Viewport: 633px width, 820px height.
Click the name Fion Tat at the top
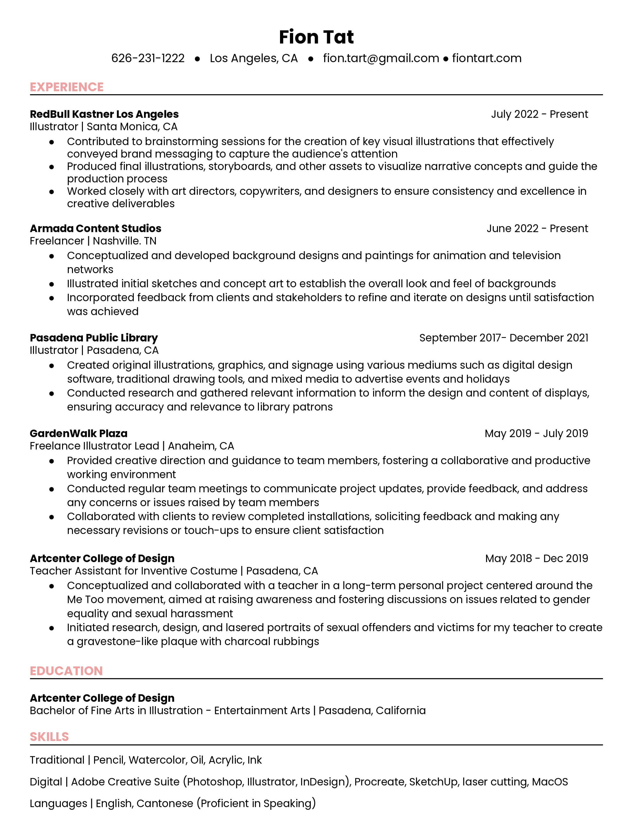tap(316, 37)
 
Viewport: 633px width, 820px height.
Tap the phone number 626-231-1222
tap(148, 58)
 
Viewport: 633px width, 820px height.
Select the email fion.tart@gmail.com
tap(381, 58)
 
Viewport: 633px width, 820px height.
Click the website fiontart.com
tap(487, 58)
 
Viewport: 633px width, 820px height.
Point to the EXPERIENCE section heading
tap(67, 87)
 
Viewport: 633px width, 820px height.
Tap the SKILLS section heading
tap(49, 737)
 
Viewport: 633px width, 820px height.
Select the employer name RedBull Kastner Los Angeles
tap(104, 114)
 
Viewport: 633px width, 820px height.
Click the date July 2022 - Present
tap(539, 114)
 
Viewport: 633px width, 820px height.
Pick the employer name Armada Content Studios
tap(95, 228)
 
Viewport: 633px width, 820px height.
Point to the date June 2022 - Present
tap(537, 228)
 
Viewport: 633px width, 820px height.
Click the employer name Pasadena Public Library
tap(93, 338)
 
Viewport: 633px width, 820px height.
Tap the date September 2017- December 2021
tap(503, 338)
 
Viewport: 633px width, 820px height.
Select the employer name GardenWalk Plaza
tap(78, 433)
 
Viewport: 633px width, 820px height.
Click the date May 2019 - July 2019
tap(536, 433)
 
